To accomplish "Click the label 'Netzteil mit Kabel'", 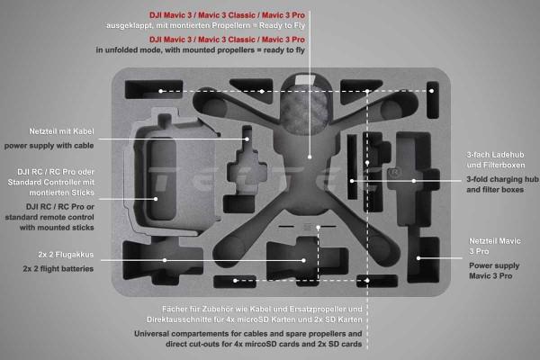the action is (x=61, y=131).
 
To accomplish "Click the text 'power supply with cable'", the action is (x=49, y=146).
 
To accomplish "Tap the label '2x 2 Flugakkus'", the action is (x=66, y=255).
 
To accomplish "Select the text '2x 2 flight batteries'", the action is (x=58, y=269).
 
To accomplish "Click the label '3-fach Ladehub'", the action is (x=495, y=155).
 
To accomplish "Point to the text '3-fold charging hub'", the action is (x=502, y=179).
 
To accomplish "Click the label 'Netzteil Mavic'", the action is (x=495, y=241).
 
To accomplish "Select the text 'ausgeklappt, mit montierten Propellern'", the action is (x=178, y=25).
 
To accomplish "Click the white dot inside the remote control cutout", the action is (x=156, y=199).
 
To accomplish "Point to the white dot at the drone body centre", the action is (x=310, y=157).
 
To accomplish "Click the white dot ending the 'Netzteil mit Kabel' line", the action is (x=247, y=139).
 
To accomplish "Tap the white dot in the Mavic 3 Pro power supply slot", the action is (x=418, y=258).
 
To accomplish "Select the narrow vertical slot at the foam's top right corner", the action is (x=433, y=100).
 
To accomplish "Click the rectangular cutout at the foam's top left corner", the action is (x=154, y=90).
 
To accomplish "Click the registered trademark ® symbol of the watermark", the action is (x=395, y=172).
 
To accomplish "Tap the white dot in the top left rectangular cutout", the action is (x=160, y=91).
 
